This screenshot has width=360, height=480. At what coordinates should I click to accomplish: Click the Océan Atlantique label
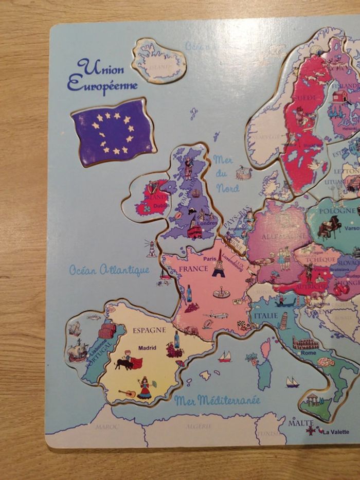click(x=109, y=270)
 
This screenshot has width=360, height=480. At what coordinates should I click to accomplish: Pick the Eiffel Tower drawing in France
click(x=219, y=263)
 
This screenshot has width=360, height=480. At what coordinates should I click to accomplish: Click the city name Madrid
click(x=147, y=348)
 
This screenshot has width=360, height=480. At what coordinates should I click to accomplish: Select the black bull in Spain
click(x=124, y=364)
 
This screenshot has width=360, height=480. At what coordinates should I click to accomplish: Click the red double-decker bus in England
click(x=194, y=232)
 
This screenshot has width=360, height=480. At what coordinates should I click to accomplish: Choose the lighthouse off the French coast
click(x=152, y=248)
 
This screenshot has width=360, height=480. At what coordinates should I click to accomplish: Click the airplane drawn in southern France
click(x=216, y=315)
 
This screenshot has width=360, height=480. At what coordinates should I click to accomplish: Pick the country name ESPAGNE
click(x=149, y=330)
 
